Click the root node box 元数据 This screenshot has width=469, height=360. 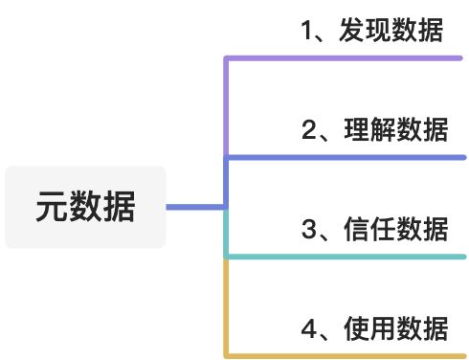[85, 207]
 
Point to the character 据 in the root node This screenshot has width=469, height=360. [122, 207]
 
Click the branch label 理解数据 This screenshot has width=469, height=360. [393, 130]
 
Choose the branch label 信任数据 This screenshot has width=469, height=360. [393, 230]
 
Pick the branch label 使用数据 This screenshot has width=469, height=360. [393, 329]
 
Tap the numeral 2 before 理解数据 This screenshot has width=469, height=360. [309, 130]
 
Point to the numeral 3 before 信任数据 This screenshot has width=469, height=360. [309, 230]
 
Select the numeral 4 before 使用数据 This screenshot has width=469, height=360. [309, 329]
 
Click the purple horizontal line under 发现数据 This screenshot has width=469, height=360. [345, 58]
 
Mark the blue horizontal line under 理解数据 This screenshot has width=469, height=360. [345, 157]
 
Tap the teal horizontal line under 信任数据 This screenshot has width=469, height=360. [345, 257]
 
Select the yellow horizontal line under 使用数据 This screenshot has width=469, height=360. [345, 355]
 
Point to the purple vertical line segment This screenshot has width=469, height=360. [225, 105]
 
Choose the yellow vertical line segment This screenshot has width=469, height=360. [225, 306]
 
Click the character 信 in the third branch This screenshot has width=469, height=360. [354, 230]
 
